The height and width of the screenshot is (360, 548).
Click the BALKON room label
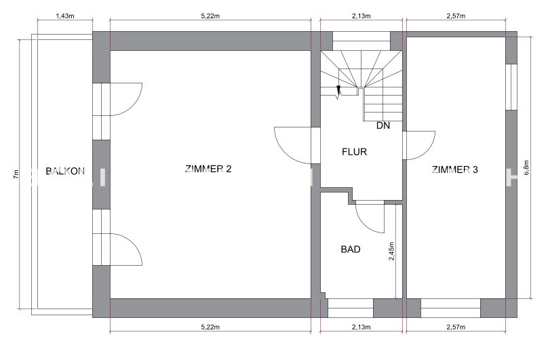pyautogui.click(x=65, y=171)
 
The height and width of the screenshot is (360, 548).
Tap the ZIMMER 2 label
pyautogui.click(x=208, y=169)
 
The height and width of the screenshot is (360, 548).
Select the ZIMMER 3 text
pyautogui.click(x=454, y=169)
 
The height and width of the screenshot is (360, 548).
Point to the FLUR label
pyautogui.click(x=355, y=152)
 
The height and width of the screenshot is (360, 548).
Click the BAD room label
pyautogui.click(x=351, y=249)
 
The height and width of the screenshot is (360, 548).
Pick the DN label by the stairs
pyautogui.click(x=383, y=125)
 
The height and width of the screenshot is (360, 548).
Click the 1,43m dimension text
pyautogui.click(x=65, y=16)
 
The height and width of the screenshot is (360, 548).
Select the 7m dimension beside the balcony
pyautogui.click(x=16, y=174)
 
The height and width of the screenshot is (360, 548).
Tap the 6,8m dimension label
pyautogui.click(x=527, y=167)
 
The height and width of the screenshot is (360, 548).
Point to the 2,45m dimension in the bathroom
pyautogui.click(x=391, y=251)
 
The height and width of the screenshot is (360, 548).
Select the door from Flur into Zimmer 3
pyautogui.click(x=418, y=145)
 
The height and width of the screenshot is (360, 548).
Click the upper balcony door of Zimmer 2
pyautogui.click(x=118, y=99)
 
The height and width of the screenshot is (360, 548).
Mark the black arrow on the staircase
pyautogui.click(x=338, y=89)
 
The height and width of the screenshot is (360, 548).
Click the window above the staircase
pyautogui.click(x=361, y=41)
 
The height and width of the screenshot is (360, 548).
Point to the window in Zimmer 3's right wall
pyautogui.click(x=511, y=87)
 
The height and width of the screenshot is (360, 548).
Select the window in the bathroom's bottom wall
pyautogui.click(x=351, y=308)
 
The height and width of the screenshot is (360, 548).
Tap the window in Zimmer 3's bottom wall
pyautogui.click(x=451, y=308)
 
